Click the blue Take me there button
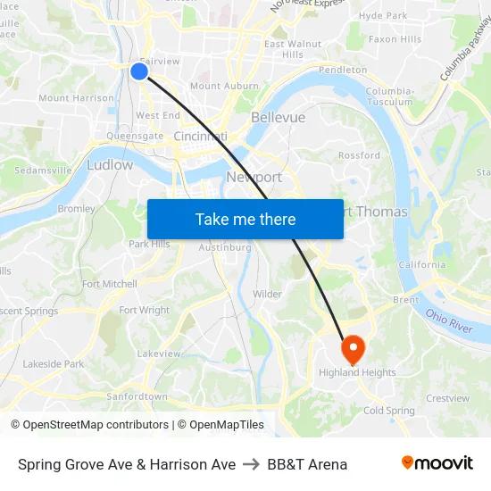[245, 219]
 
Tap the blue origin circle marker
[139, 71]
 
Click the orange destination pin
[352, 348]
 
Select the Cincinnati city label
[200, 136]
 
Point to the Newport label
[254, 177]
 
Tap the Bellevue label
[278, 117]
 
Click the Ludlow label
[110, 165]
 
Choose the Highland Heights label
[357, 372]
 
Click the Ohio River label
[448, 321]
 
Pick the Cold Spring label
[389, 411]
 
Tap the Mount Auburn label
[218, 87]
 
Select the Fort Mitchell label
[110, 284]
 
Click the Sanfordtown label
[137, 396]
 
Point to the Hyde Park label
[382, 16]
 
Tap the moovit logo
[437, 463]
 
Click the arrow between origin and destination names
[251, 464]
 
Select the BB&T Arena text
[307, 464]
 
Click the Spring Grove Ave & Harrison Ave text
[127, 464]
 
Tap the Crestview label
[447, 398]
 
